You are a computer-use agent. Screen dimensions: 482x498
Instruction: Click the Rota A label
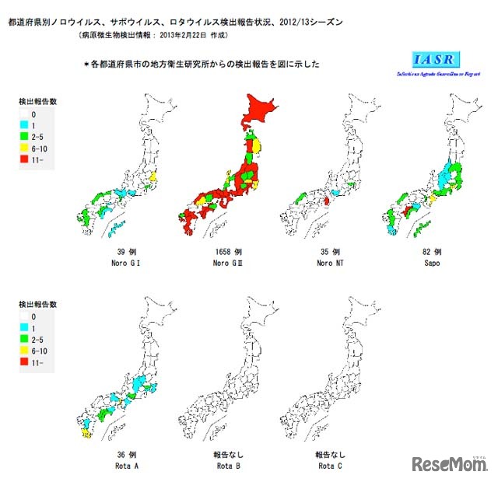pos(125,466)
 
